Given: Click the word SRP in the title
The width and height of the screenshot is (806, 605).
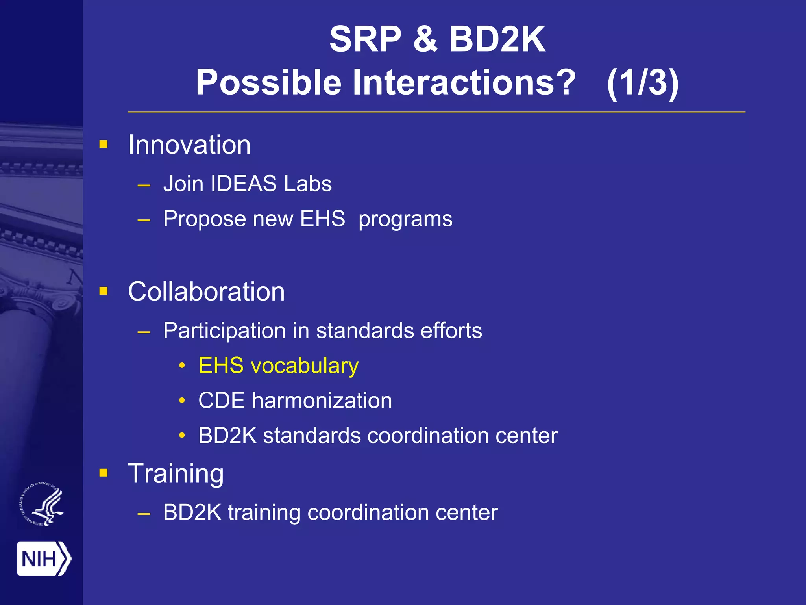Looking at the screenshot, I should (365, 39).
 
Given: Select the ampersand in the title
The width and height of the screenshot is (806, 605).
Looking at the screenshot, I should (425, 39).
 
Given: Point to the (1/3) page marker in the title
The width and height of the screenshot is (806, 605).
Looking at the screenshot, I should (642, 83).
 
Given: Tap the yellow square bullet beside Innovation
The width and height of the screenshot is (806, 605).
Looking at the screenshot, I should (104, 144).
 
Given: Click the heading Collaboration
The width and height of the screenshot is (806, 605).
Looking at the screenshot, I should (206, 291).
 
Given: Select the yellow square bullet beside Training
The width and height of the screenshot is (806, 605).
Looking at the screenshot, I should (104, 473).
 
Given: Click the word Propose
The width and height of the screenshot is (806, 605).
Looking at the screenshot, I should (204, 219).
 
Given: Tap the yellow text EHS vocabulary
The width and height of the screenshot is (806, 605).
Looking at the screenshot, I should (278, 366).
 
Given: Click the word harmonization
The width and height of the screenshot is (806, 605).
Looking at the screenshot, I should (322, 401).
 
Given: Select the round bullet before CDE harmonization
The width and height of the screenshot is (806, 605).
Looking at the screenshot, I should (182, 401).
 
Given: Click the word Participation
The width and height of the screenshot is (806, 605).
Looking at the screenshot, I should (224, 331).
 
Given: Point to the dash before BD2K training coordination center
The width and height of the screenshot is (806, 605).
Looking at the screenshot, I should (144, 514).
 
